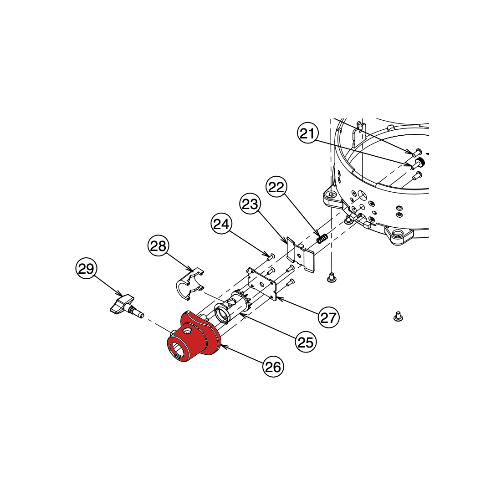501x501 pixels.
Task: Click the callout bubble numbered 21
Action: click(308, 133)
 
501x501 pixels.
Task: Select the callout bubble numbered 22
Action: click(276, 187)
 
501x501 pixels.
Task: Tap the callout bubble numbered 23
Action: click(250, 204)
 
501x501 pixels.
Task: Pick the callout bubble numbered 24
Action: click(221, 224)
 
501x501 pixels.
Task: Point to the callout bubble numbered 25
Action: click(306, 342)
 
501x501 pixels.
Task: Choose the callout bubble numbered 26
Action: click(273, 367)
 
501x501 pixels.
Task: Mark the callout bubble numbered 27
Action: click(328, 317)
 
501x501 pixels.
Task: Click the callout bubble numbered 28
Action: click(158, 245)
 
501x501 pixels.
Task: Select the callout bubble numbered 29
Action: click(86, 268)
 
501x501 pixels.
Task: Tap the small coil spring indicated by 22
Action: click(322, 239)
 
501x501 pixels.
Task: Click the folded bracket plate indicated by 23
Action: click(300, 255)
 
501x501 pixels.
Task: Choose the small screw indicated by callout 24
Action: click(271, 256)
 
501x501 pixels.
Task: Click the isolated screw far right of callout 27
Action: click(398, 316)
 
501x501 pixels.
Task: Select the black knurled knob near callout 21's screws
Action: click(421, 162)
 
